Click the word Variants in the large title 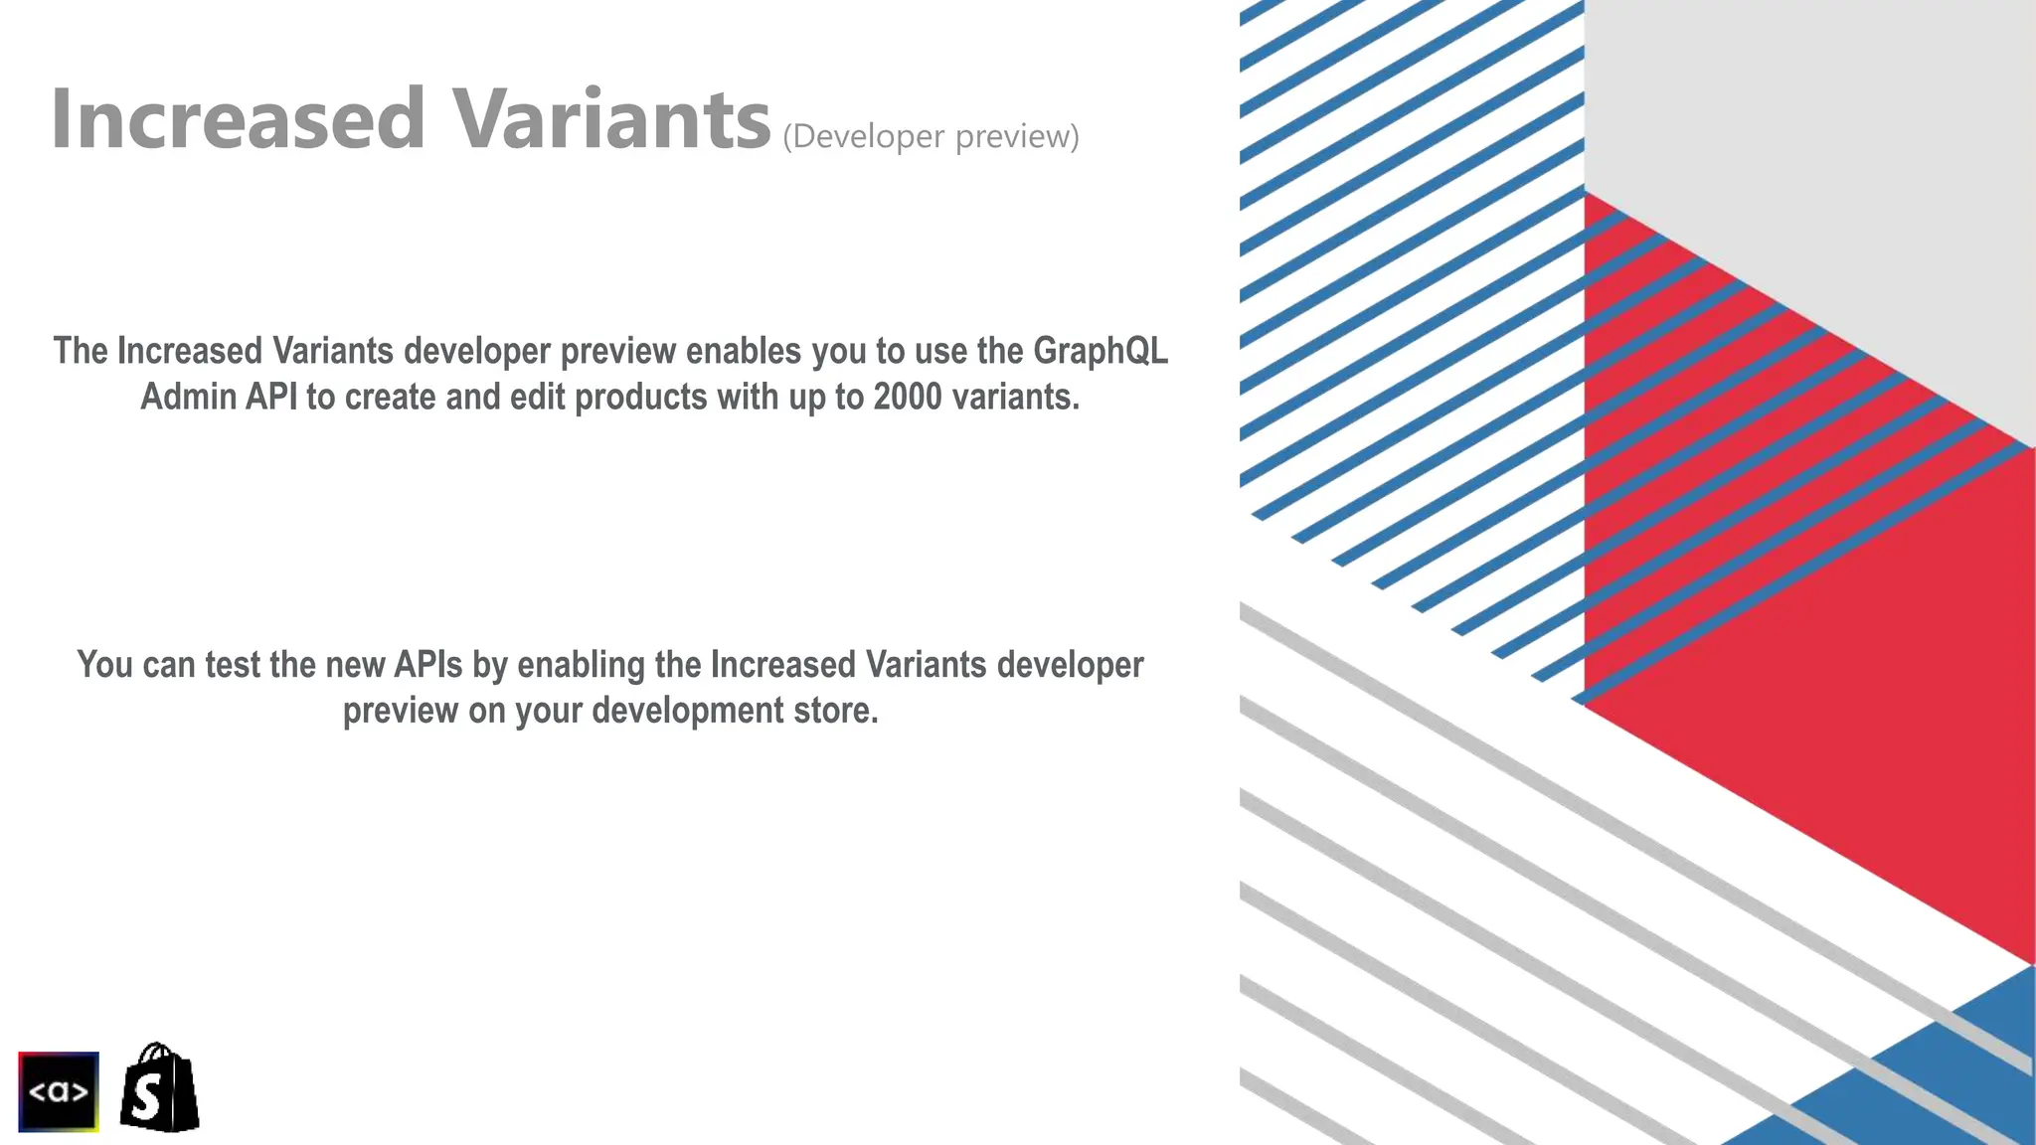click(611, 119)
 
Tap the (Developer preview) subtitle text click(931, 136)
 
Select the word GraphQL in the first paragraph click(1101, 351)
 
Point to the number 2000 click(908, 397)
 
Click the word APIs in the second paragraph click(428, 664)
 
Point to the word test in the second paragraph click(233, 664)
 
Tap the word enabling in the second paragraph click(582, 664)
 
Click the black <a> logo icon click(59, 1091)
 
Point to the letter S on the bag click(146, 1098)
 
